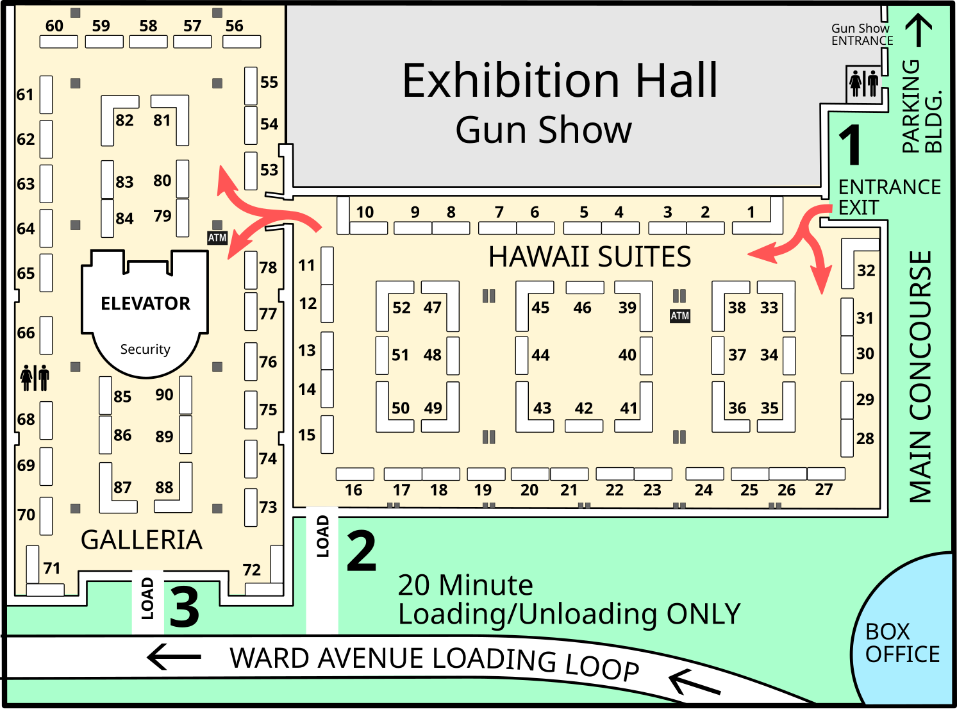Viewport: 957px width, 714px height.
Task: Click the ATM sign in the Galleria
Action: click(217, 238)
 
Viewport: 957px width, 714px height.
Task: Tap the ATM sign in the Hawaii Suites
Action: click(679, 315)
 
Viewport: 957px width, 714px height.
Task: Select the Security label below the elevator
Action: click(146, 349)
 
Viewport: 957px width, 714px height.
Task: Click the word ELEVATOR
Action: click(146, 303)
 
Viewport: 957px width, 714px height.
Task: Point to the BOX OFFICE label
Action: click(902, 643)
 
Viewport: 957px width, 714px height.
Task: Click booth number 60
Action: click(54, 26)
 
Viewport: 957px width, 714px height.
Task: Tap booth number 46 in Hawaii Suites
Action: click(582, 308)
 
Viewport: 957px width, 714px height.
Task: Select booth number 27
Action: click(824, 490)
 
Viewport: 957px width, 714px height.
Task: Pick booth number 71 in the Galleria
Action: click(52, 569)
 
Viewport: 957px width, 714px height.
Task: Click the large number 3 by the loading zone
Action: click(184, 607)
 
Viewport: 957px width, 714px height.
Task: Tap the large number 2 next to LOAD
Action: click(362, 551)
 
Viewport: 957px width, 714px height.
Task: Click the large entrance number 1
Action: click(849, 144)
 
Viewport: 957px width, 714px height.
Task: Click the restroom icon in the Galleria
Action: click(35, 378)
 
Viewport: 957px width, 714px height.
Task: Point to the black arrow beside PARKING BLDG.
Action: click(919, 29)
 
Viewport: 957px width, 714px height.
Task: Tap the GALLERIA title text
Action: click(142, 540)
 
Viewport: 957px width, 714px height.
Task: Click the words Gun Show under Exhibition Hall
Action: click(544, 129)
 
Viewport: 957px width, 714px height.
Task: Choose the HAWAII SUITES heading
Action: click(590, 256)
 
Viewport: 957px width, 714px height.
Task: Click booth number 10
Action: click(365, 212)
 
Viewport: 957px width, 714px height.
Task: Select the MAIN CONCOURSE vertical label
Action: click(920, 377)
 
